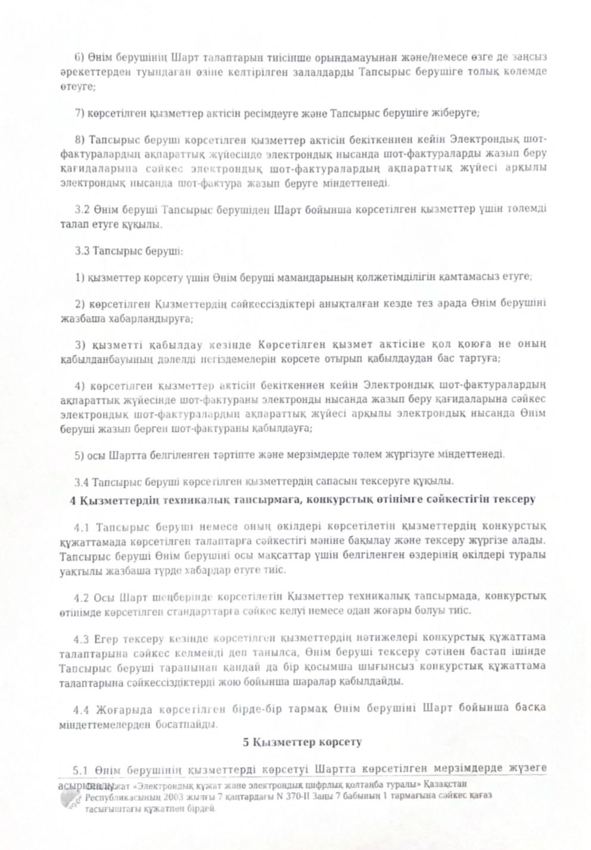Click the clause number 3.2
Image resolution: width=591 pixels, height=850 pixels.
82,209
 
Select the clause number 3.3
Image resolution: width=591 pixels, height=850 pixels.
82,252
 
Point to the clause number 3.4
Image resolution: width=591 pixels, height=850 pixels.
82,480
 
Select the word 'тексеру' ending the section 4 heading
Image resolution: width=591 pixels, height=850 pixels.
515,500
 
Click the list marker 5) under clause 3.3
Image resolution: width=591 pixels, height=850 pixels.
80,455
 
